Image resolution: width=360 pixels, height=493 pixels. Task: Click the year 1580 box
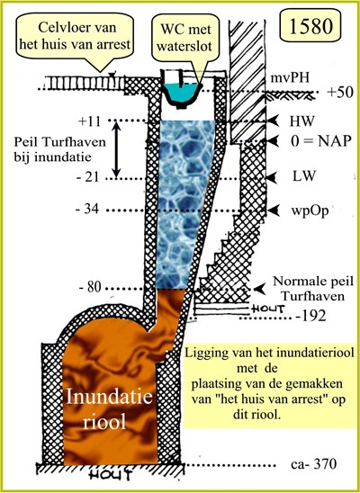pyautogui.click(x=310, y=25)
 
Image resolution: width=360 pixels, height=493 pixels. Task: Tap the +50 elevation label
pyautogui.click(x=339, y=93)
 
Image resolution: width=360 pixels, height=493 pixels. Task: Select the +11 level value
pyautogui.click(x=90, y=121)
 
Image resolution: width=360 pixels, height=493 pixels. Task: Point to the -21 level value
pyautogui.click(x=88, y=177)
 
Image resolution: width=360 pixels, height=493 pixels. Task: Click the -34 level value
pyautogui.click(x=87, y=209)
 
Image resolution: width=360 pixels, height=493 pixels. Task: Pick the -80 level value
pyautogui.click(x=90, y=287)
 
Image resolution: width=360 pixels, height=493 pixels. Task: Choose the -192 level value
pyautogui.click(x=311, y=316)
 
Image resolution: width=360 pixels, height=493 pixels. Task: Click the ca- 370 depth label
pyautogui.click(x=313, y=464)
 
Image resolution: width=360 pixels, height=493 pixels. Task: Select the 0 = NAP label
pyautogui.click(x=320, y=141)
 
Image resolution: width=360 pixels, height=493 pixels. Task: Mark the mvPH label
pyautogui.click(x=290, y=78)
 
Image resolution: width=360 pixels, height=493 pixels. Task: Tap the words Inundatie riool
pyautogui.click(x=109, y=409)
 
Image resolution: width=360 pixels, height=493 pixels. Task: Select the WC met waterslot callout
pyautogui.click(x=184, y=38)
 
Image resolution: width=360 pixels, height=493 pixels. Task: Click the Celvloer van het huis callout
pyautogui.click(x=75, y=36)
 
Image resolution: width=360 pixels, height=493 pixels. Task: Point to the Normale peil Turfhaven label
pyautogui.click(x=313, y=289)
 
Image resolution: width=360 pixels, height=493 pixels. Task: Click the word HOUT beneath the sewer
pyautogui.click(x=109, y=475)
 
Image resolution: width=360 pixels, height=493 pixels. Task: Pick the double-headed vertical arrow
pyautogui.click(x=116, y=149)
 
